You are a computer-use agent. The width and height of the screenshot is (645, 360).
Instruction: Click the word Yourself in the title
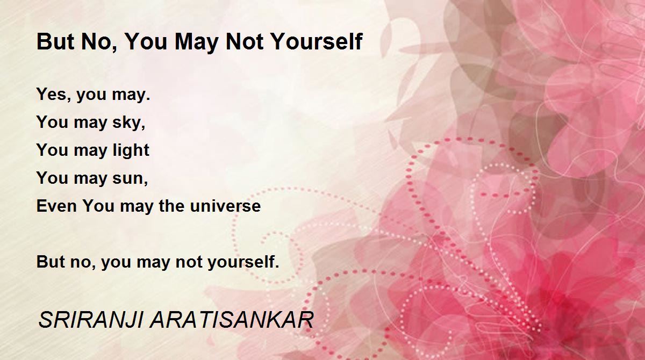(x=317, y=42)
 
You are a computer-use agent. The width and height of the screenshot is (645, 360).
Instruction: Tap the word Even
(x=56, y=206)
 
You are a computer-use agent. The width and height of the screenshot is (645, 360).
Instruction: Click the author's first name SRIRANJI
(x=90, y=320)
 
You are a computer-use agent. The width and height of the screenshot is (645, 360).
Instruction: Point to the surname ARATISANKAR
(x=232, y=320)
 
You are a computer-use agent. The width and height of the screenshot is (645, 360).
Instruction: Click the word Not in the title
(x=245, y=42)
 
